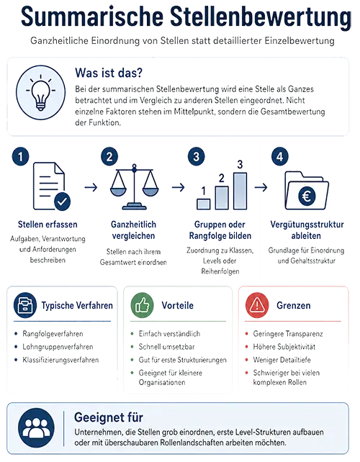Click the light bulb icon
pyautogui.click(x=41, y=92)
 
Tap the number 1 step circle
pyautogui.click(x=20, y=156)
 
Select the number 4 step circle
pyautogui.click(x=279, y=156)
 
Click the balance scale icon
pyautogui.click(x=134, y=187)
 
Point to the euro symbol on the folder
pyautogui.click(x=307, y=196)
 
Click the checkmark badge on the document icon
pyautogui.click(x=62, y=201)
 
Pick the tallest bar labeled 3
pyautogui.click(x=240, y=191)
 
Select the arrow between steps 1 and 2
pyautogui.click(x=91, y=187)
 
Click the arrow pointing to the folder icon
pyautogui.click(x=261, y=187)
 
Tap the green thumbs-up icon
pyautogui.click(x=142, y=305)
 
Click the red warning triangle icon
pyautogui.click(x=257, y=305)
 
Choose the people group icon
pyautogui.click(x=36, y=428)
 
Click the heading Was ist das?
pyautogui.click(x=109, y=73)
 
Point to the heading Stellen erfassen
pyautogui.click(x=48, y=225)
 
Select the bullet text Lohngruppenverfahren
pyautogui.click(x=58, y=347)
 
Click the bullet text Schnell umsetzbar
pyautogui.click(x=166, y=347)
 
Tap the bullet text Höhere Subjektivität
pyautogui.click(x=284, y=347)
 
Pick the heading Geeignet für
pyautogui.click(x=109, y=417)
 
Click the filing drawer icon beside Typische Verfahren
pyautogui.click(x=25, y=305)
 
